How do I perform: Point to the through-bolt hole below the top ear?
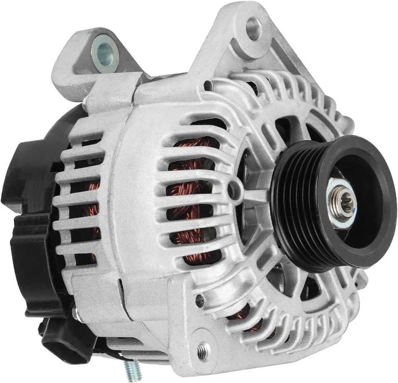pyautogui.click(x=209, y=86)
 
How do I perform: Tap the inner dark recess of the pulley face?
pyautogui.click(x=365, y=195)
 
